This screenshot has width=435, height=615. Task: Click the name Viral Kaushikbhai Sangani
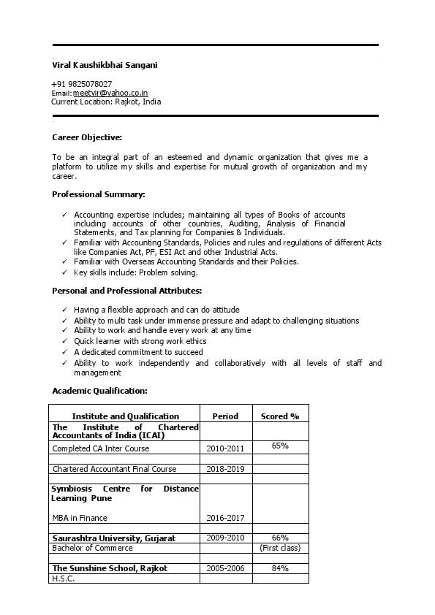(x=105, y=65)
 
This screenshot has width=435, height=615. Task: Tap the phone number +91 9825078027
(x=82, y=84)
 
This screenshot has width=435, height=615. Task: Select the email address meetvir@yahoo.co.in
(x=110, y=93)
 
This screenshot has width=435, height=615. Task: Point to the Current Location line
(x=106, y=102)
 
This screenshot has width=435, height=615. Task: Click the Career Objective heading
(x=87, y=137)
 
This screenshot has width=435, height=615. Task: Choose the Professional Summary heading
(x=99, y=194)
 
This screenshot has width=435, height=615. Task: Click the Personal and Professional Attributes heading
(x=127, y=291)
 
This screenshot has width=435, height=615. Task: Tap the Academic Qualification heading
(x=99, y=390)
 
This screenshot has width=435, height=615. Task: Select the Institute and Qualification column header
(x=125, y=416)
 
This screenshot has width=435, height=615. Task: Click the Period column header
(x=225, y=416)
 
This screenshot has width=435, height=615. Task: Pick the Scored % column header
(x=280, y=416)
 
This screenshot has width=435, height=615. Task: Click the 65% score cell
(x=280, y=445)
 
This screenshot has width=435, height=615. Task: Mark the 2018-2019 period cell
(x=225, y=469)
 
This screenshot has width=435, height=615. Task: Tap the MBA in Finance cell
(x=80, y=518)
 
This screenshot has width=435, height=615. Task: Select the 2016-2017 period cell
(x=225, y=518)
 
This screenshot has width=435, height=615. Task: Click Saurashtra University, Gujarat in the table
(x=114, y=538)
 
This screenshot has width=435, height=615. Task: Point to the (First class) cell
(x=280, y=548)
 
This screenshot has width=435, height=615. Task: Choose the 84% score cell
(x=280, y=568)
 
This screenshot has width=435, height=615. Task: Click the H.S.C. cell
(x=64, y=578)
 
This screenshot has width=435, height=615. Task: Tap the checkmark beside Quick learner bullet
(x=65, y=341)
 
